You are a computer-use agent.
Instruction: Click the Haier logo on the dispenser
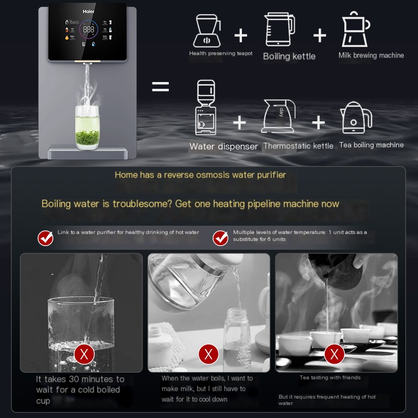(x=88, y=11)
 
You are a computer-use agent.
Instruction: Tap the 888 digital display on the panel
(x=88, y=29)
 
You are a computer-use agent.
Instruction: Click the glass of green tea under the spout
(x=87, y=127)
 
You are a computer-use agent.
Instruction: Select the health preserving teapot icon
(x=207, y=31)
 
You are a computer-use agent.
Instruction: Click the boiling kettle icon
(x=280, y=29)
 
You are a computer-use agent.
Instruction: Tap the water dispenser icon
(x=205, y=108)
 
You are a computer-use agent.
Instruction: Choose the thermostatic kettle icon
(x=278, y=116)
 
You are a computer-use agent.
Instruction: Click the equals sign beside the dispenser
(x=160, y=87)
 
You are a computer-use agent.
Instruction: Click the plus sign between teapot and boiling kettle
(x=241, y=35)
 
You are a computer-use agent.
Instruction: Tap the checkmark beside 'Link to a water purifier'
(x=45, y=238)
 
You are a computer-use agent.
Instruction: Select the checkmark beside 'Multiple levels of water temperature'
(x=220, y=238)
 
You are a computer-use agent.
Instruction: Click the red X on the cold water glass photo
(x=84, y=354)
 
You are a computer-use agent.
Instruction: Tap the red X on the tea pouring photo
(x=334, y=354)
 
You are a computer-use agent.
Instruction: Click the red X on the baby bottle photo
(x=208, y=354)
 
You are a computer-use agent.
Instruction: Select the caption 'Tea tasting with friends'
(x=330, y=377)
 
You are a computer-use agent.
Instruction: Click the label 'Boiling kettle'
(x=289, y=56)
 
